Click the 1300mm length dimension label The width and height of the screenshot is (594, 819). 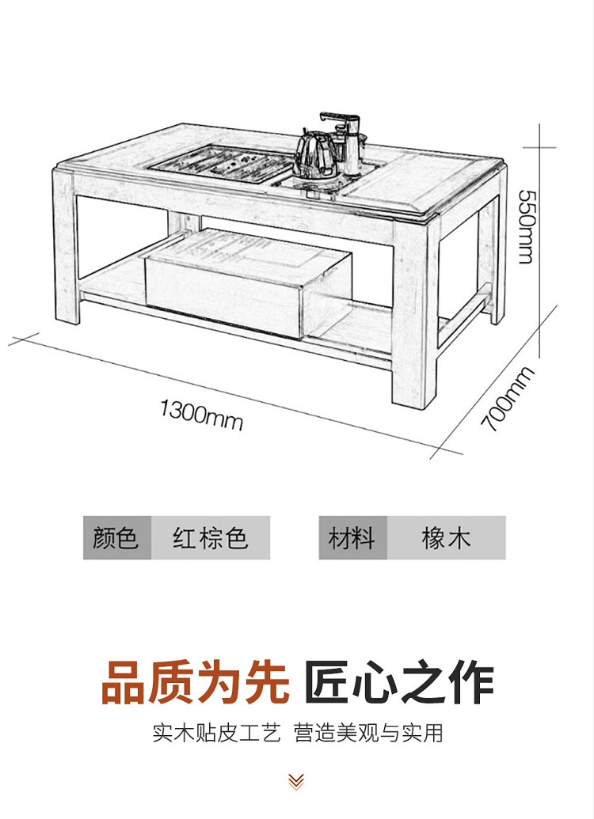[201, 414]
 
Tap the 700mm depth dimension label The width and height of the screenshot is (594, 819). [508, 400]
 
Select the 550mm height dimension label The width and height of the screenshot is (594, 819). [524, 226]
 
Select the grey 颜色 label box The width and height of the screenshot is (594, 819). [116, 538]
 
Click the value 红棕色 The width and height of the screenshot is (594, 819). [211, 538]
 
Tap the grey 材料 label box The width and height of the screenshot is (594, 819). [352, 538]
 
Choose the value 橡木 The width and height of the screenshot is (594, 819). [446, 538]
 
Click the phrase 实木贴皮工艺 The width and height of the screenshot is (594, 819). [216, 732]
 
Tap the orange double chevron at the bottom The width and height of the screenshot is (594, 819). [296, 782]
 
